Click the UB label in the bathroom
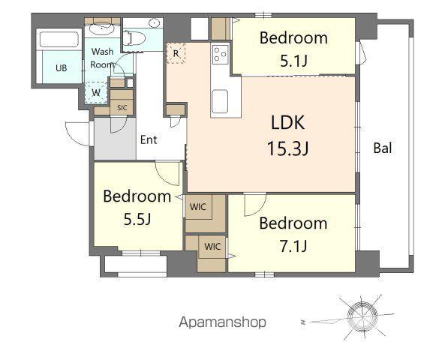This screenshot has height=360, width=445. [60, 67]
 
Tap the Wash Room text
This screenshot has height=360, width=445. [102, 58]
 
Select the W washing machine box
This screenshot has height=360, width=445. [96, 92]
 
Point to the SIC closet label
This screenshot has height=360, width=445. [122, 107]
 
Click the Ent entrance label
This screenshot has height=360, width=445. [148, 139]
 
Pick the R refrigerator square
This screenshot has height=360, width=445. [176, 53]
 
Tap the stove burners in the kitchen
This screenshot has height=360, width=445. [221, 54]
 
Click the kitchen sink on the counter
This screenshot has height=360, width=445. [221, 100]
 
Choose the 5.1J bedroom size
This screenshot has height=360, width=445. [293, 61]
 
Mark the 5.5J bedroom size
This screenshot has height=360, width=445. [137, 219]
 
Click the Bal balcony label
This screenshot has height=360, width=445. [383, 148]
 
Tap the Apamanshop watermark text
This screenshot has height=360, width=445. [222, 323]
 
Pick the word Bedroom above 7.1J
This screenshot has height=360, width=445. [293, 223]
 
